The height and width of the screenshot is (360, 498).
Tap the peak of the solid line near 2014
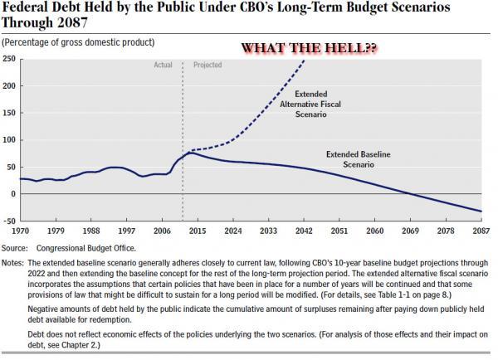coord(190,153)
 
